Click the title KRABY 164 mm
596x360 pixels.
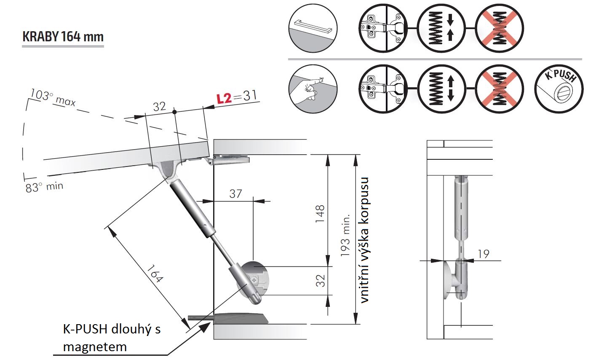coord(63,37)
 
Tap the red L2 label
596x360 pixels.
coord(224,98)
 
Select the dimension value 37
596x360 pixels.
coord(235,193)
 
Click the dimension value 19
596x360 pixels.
coord(484,254)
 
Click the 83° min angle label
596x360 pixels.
coord(44,187)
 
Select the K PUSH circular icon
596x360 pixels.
coord(559,88)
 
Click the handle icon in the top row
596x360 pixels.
coord(313,29)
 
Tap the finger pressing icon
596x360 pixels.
coord(313,88)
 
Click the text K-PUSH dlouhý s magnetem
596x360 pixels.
coord(112,337)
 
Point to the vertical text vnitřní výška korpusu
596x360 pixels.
coord(365,239)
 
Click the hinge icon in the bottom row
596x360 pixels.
coord(384,88)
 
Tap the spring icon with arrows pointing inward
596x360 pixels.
coord(441,29)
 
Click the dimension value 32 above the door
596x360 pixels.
coord(159,107)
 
